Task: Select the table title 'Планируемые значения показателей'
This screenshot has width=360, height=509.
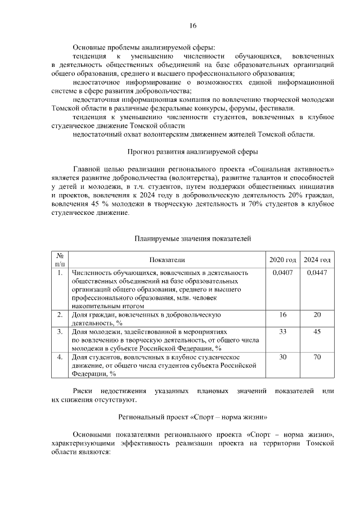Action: point(192,239)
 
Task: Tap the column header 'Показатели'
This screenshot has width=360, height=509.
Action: point(167,260)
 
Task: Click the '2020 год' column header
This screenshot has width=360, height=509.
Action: point(283,260)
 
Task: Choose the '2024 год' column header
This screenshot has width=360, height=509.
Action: point(317,260)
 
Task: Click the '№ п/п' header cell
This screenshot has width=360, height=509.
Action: point(60,259)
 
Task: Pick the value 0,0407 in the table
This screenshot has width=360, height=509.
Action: point(283,273)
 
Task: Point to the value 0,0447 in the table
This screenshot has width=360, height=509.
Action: point(317,273)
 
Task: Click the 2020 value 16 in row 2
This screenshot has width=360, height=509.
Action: point(283,315)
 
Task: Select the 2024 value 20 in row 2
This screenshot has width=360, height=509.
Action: point(317,315)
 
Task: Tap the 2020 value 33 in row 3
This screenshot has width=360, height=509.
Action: point(283,332)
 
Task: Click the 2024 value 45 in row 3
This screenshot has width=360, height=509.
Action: point(317,332)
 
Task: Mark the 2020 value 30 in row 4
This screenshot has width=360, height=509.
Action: point(283,357)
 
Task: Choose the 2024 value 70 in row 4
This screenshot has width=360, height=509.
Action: point(317,357)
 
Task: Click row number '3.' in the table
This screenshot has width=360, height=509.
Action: point(60,332)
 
